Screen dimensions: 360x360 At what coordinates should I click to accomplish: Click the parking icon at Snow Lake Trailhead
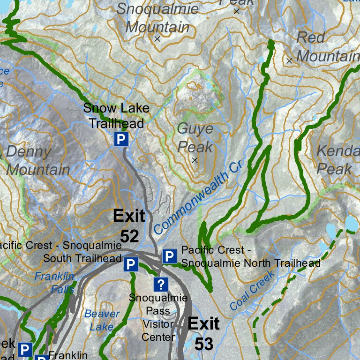point(121,139)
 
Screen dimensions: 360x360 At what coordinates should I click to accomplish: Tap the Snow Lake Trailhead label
point(116,116)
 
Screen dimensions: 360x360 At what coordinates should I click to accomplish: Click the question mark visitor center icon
point(161,284)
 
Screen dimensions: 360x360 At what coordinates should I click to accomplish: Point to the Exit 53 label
point(204,333)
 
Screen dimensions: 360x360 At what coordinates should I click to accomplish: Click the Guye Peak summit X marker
point(195,160)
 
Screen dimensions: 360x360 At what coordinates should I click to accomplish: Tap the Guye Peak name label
point(195,138)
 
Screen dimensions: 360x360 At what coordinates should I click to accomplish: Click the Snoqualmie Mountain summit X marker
point(157,39)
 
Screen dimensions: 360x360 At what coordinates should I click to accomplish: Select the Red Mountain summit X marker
point(289,60)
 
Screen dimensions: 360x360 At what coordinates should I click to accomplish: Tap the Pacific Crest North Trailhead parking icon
point(169,256)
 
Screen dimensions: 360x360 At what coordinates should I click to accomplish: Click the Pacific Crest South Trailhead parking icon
point(131,265)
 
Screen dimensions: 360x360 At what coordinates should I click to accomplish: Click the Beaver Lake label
point(102,320)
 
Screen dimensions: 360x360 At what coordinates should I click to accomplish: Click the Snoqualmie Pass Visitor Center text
point(158,317)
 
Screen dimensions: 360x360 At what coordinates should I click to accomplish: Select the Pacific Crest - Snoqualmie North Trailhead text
point(250,256)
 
